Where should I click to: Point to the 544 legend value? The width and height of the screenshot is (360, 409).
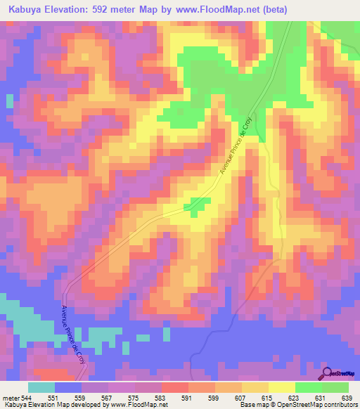click(x=28, y=398)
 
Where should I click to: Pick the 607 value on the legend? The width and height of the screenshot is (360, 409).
click(x=242, y=398)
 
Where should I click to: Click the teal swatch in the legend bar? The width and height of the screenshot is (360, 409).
click(x=41, y=387)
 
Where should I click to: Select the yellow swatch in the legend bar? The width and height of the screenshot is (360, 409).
click(x=281, y=387)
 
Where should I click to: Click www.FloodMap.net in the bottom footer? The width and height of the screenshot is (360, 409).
click(x=138, y=405)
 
